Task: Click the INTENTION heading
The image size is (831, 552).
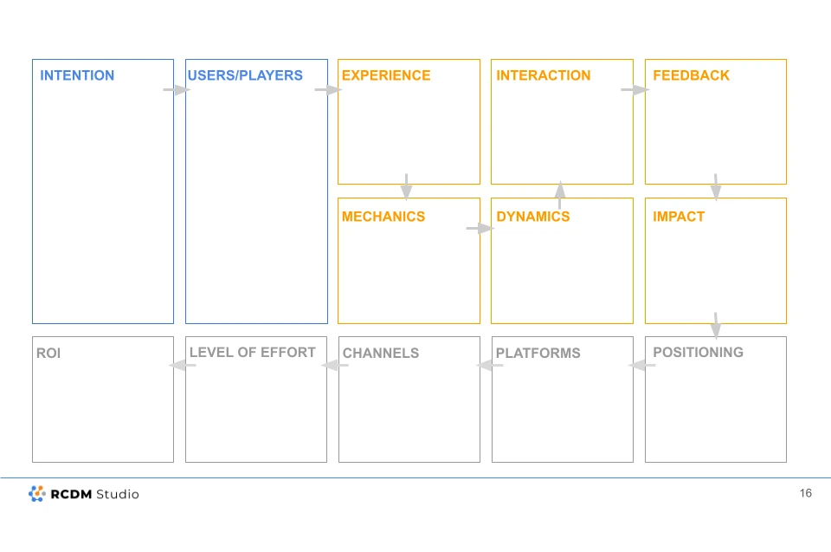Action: pyautogui.click(x=77, y=75)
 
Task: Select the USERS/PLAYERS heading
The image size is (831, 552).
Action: pyautogui.click(x=245, y=75)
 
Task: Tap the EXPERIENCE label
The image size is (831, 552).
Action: pyautogui.click(x=386, y=75)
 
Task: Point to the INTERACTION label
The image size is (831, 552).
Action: pyautogui.click(x=544, y=75)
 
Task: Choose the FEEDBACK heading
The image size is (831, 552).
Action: pyautogui.click(x=691, y=75)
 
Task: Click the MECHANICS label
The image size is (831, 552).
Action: pyautogui.click(x=383, y=217)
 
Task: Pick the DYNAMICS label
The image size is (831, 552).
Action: pyautogui.click(x=532, y=217)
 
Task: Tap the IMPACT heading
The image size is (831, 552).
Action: pyautogui.click(x=679, y=217)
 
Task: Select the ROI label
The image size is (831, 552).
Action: pyautogui.click(x=48, y=353)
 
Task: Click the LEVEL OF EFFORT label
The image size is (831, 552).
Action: pyautogui.click(x=252, y=353)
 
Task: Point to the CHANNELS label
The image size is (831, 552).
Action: pyautogui.click(x=381, y=353)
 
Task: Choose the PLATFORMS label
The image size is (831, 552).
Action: pyautogui.click(x=538, y=353)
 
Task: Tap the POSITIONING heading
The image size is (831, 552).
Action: pyautogui.click(x=698, y=353)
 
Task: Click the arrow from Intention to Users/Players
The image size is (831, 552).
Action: pyautogui.click(x=177, y=90)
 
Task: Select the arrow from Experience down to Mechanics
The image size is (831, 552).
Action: pyautogui.click(x=407, y=187)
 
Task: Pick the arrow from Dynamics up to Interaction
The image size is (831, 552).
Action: pyautogui.click(x=560, y=195)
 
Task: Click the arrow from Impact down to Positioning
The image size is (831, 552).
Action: pyautogui.click(x=716, y=325)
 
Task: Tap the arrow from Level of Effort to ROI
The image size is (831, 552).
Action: pyautogui.click(x=183, y=365)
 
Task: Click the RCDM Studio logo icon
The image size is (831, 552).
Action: pyautogui.click(x=36, y=494)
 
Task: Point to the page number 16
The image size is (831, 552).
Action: pyautogui.click(x=806, y=493)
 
